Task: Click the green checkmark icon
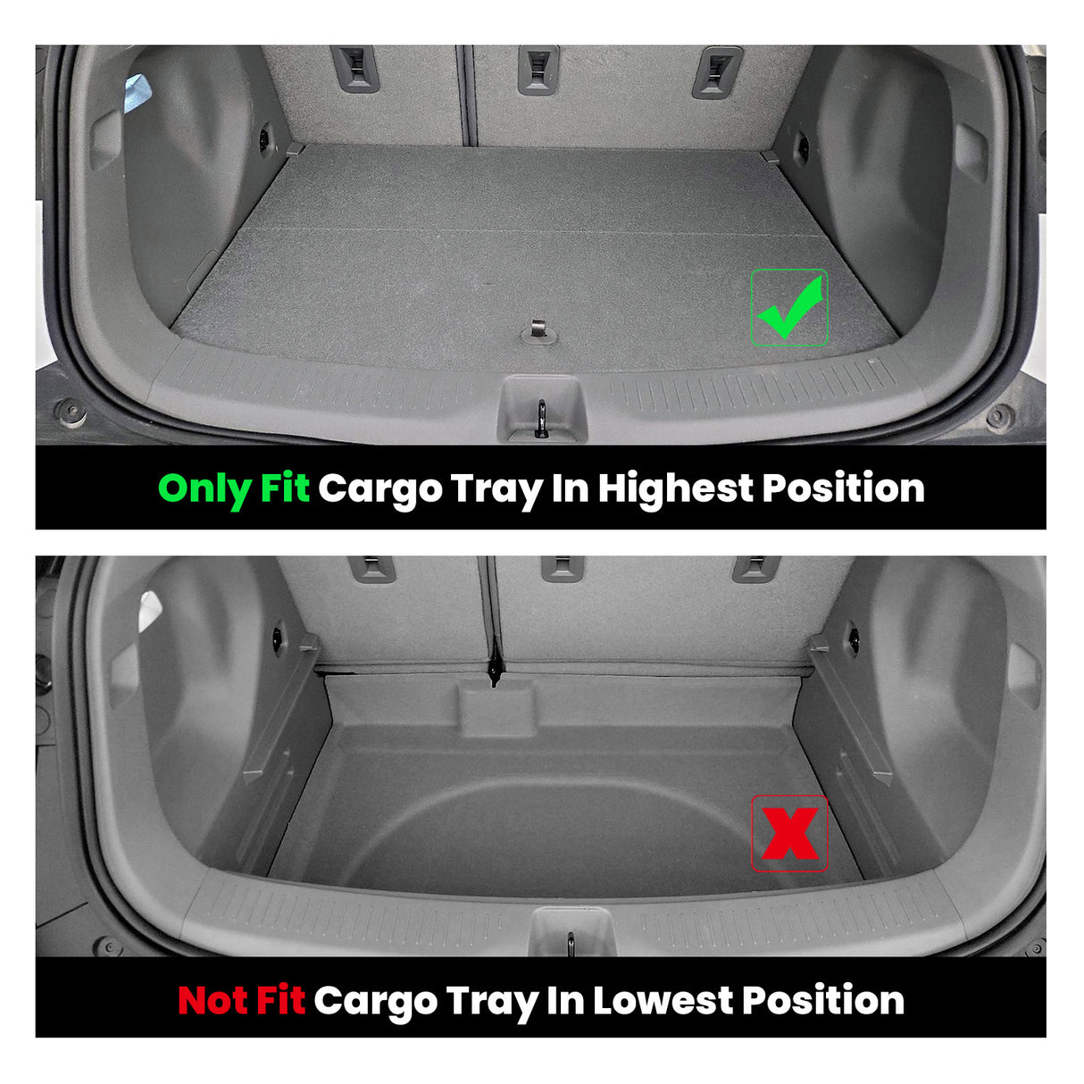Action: click(x=789, y=308)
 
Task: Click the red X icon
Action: click(x=789, y=833)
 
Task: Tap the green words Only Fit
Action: click(x=234, y=488)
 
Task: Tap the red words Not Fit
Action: click(x=241, y=1000)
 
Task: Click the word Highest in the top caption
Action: click(x=675, y=488)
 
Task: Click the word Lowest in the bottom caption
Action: click(x=663, y=1000)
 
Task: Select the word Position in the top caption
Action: click(x=843, y=488)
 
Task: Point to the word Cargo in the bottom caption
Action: click(x=375, y=1000)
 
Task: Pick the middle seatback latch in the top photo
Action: click(x=538, y=69)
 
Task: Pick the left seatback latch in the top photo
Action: click(x=355, y=67)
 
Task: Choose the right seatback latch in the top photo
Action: click(x=717, y=71)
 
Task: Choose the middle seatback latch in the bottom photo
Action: click(x=563, y=567)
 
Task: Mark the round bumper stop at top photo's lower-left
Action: click(x=70, y=413)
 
